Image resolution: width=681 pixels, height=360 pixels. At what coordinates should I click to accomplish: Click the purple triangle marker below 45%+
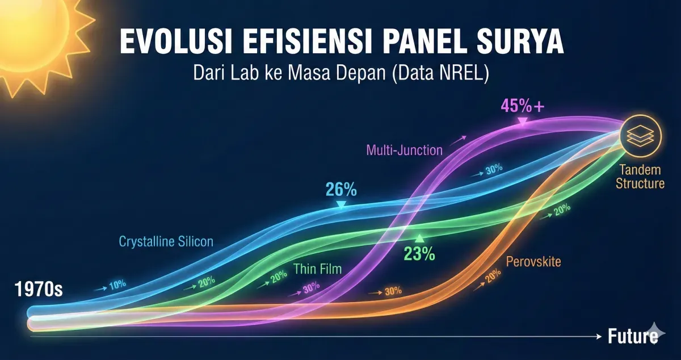point(523,121)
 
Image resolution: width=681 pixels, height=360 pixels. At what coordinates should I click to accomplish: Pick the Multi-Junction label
point(404,150)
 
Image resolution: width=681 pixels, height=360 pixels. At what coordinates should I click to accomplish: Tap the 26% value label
point(340,189)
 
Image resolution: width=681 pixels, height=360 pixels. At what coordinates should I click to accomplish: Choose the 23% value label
point(419,254)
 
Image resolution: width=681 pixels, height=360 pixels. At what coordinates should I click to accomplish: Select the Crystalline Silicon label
point(166,241)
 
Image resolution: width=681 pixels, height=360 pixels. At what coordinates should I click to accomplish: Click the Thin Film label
point(318,269)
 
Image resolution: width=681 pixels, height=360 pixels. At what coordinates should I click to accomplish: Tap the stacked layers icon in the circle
point(641,136)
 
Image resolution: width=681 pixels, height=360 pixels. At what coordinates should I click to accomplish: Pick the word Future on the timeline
point(632,336)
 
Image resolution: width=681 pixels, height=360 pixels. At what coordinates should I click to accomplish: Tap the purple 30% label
point(310,288)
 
